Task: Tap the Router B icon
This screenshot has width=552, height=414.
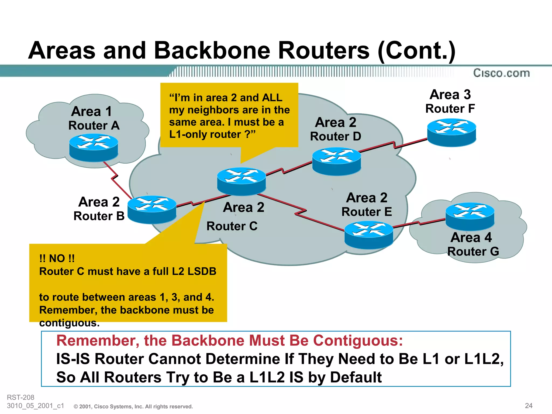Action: [x=152, y=209]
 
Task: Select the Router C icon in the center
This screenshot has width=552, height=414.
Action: [x=241, y=181]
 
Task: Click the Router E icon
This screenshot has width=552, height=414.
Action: [x=369, y=235]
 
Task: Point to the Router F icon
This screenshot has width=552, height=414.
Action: [x=451, y=133]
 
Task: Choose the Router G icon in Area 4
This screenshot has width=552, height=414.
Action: [x=470, y=216]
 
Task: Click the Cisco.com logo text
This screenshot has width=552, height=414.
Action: [x=501, y=73]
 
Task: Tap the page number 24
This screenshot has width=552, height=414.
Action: [x=529, y=406]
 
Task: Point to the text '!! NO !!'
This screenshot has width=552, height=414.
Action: [x=57, y=258]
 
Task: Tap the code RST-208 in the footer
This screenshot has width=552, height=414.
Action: [x=20, y=397]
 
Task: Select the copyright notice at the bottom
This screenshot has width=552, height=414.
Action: [x=133, y=406]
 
